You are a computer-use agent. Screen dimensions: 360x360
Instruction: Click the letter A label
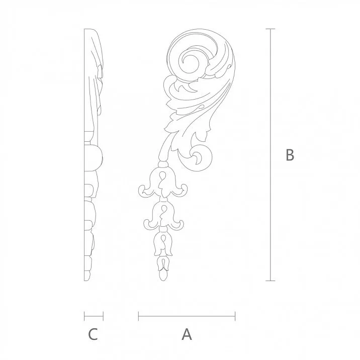pyautogui.click(x=187, y=334)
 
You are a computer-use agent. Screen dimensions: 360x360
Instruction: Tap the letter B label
pyautogui.click(x=290, y=155)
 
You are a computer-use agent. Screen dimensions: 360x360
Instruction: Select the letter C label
pyautogui.click(x=93, y=334)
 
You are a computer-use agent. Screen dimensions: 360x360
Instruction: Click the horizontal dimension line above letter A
pyautogui.click(x=187, y=316)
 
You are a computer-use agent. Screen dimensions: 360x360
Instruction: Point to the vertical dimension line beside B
pyautogui.click(x=272, y=155)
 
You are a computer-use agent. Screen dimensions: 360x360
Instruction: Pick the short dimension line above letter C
pyautogui.click(x=94, y=316)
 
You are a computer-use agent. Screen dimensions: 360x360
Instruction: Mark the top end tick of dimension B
pyautogui.click(x=272, y=29)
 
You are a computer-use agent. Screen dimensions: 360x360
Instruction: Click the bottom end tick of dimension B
pyautogui.click(x=272, y=281)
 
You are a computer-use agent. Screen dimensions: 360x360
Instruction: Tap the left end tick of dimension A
pyautogui.click(x=138, y=316)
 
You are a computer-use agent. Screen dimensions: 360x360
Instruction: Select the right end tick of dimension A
pyautogui.click(x=235, y=316)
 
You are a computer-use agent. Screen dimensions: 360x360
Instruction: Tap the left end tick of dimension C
pyautogui.click(x=84, y=316)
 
